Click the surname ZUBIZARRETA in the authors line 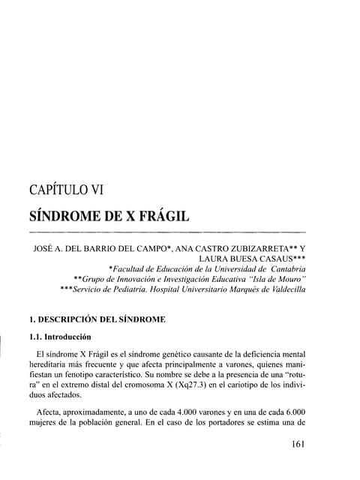260,244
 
